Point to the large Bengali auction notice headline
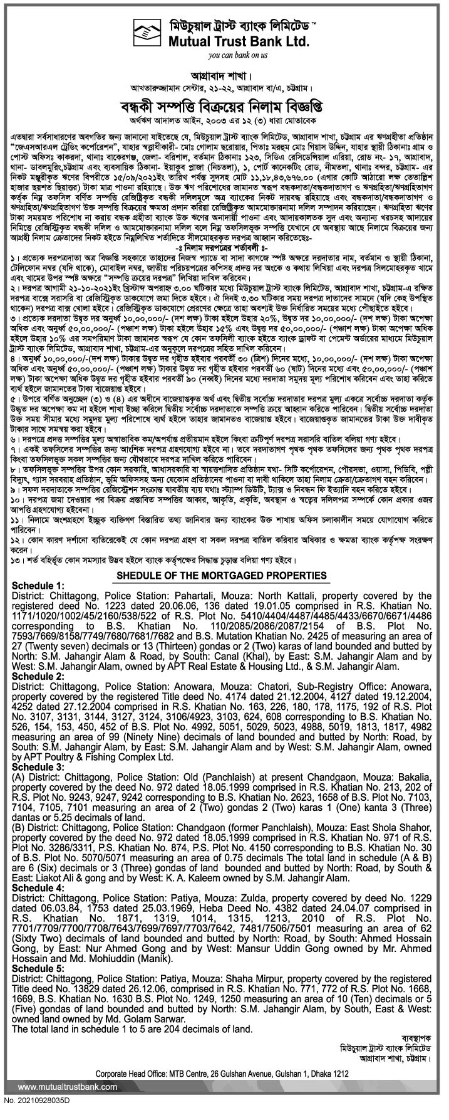[x=223, y=103]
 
